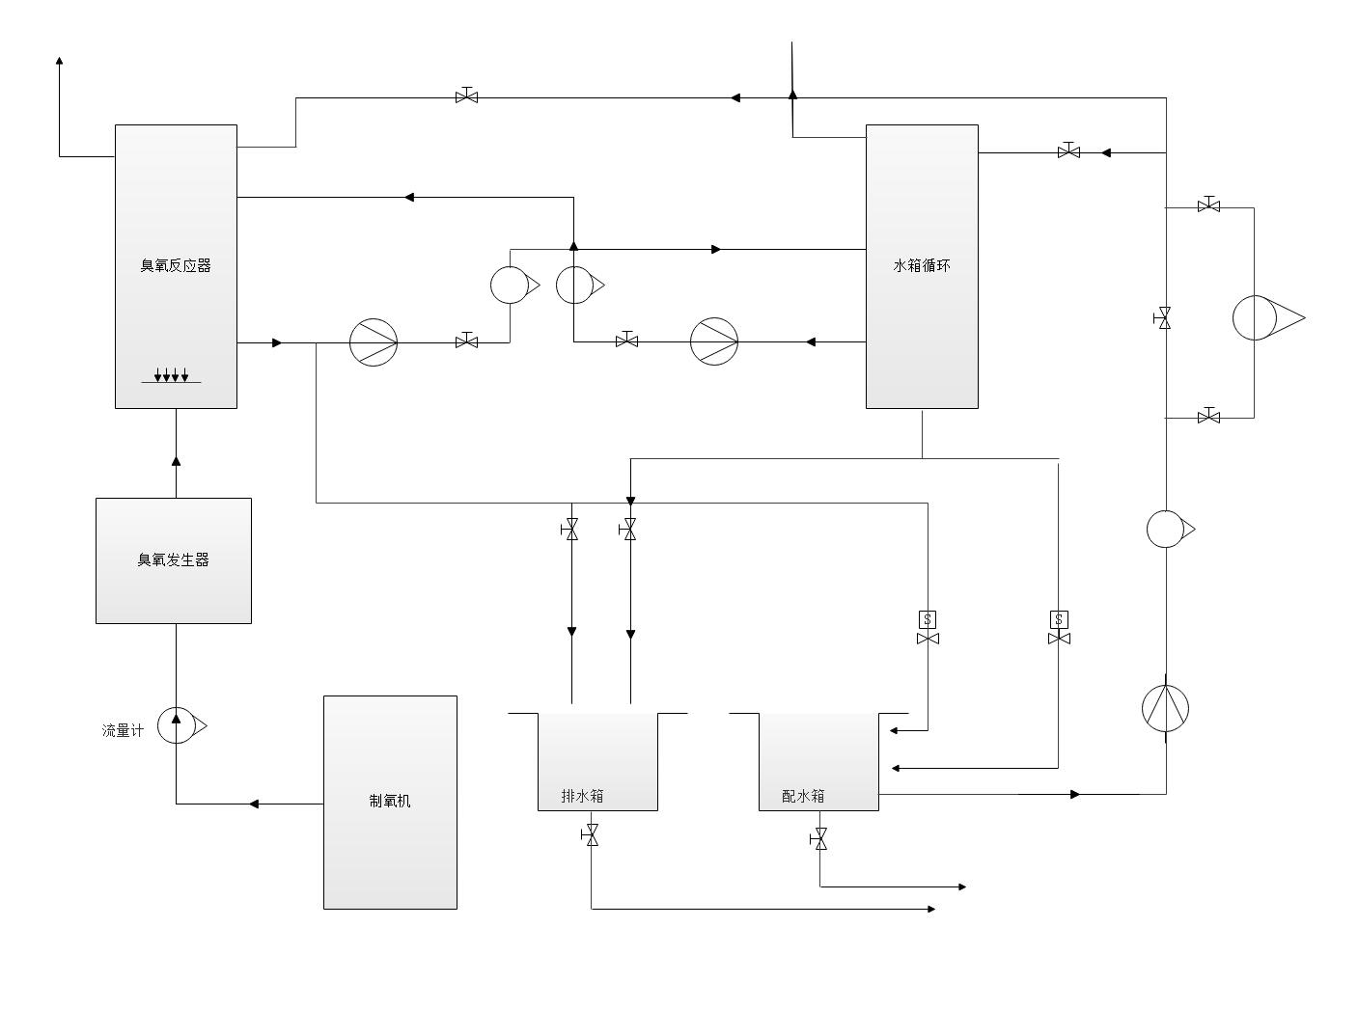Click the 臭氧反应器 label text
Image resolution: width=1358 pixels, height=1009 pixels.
(176, 266)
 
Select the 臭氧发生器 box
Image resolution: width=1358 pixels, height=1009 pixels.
(174, 560)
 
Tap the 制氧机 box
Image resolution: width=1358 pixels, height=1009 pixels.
(390, 802)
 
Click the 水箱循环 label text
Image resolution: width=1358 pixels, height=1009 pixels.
(922, 266)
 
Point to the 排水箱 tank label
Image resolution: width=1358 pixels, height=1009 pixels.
(583, 796)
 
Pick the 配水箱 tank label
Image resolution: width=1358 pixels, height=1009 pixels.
(803, 796)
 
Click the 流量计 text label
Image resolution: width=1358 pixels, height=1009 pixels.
(123, 731)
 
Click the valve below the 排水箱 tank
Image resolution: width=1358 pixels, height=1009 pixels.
(592, 835)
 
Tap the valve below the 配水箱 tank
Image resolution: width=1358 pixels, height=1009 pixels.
(820, 839)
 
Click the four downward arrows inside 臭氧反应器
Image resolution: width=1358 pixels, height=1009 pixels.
(172, 374)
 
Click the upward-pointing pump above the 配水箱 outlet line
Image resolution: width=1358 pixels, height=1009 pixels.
(1165, 709)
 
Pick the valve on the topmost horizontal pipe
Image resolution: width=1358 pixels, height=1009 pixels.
(467, 96)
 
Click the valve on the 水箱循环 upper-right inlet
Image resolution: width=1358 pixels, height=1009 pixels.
(1068, 151)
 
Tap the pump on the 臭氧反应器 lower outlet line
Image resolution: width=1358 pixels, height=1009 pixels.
(374, 342)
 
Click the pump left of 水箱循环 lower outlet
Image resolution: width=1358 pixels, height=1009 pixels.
(714, 341)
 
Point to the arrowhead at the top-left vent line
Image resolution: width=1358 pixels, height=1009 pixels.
(60, 61)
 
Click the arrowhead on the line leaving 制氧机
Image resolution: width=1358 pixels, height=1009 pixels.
(254, 804)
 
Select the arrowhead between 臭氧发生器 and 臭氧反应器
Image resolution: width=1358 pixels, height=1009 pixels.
(176, 461)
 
